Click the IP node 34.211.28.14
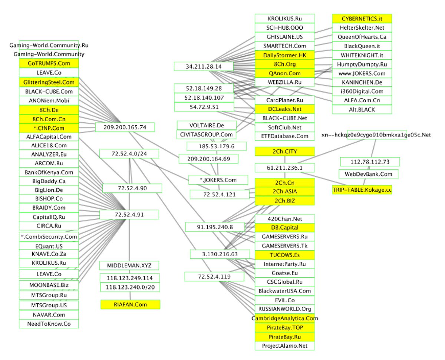point(204,66)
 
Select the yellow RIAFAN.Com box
point(130,304)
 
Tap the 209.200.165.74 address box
point(125,127)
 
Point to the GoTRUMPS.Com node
point(49,63)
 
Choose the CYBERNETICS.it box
point(362,19)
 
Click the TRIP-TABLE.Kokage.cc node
point(362,189)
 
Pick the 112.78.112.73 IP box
point(370,162)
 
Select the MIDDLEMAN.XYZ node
point(129,265)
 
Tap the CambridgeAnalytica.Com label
point(284,318)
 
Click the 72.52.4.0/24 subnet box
point(129,153)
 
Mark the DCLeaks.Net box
point(284,109)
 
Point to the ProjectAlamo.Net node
point(284,346)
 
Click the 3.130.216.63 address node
point(220,254)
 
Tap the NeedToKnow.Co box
point(49,324)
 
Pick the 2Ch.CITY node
point(284,151)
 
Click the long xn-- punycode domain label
point(376,135)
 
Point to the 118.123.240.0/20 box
point(130,287)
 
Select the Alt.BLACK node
point(362,109)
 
